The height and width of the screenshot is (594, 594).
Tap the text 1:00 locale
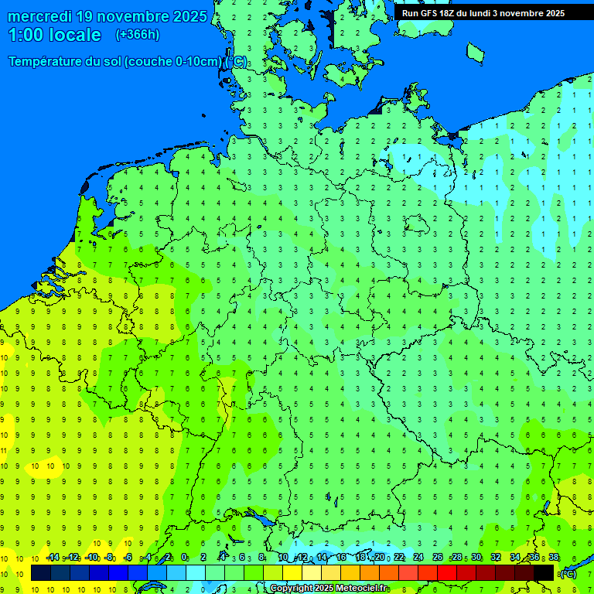coord(54,35)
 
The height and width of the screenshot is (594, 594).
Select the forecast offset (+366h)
coord(137,35)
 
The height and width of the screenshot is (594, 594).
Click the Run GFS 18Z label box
coord(483,12)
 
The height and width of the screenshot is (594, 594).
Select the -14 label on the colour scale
coord(53,558)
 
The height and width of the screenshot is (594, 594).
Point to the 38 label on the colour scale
coord(553,558)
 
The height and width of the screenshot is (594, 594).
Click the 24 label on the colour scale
coord(418,558)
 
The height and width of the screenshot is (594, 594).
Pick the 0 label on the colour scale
coord(184,558)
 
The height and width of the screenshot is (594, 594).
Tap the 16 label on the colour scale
coord(340,558)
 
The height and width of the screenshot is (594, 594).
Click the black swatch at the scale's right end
coord(544,573)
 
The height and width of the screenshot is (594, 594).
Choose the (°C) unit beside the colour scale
coord(568,574)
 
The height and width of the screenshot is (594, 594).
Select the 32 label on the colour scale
coord(496,558)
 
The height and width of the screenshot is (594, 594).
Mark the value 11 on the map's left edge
coord(4,450)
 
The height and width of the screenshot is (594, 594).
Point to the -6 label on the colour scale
coord(128,558)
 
